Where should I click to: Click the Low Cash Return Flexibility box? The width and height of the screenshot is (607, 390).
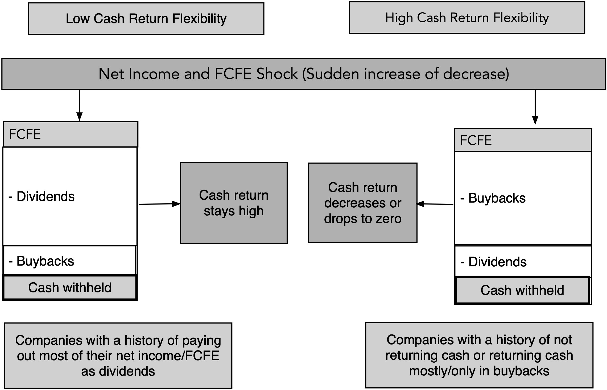point(146,19)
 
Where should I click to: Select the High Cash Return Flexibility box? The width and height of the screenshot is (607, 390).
point(467,18)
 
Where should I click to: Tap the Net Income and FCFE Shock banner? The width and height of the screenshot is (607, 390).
point(304,74)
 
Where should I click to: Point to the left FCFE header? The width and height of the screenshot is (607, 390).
point(71,134)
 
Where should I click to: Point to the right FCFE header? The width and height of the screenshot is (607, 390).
point(523,140)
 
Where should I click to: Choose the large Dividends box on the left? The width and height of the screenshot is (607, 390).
point(70,196)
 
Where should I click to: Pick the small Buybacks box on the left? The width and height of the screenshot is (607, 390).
point(70,261)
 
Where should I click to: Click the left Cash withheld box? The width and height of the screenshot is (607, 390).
point(70,288)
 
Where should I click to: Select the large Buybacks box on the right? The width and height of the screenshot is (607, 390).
point(523,198)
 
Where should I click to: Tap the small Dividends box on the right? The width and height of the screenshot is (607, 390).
point(523,262)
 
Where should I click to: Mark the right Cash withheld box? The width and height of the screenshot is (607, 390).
point(523,290)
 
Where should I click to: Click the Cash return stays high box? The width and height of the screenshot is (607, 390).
point(234,203)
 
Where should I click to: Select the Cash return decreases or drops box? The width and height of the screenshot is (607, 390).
point(363,203)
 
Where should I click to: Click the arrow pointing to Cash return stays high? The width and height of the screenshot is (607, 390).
point(160,204)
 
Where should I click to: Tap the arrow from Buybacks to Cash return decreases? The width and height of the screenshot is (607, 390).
point(435,204)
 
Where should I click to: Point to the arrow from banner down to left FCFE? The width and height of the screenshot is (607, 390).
point(79,105)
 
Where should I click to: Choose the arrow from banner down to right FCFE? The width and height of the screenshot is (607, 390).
point(535,107)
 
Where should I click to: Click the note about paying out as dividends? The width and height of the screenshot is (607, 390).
point(118,356)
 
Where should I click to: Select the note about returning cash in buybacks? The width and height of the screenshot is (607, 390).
point(479,355)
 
